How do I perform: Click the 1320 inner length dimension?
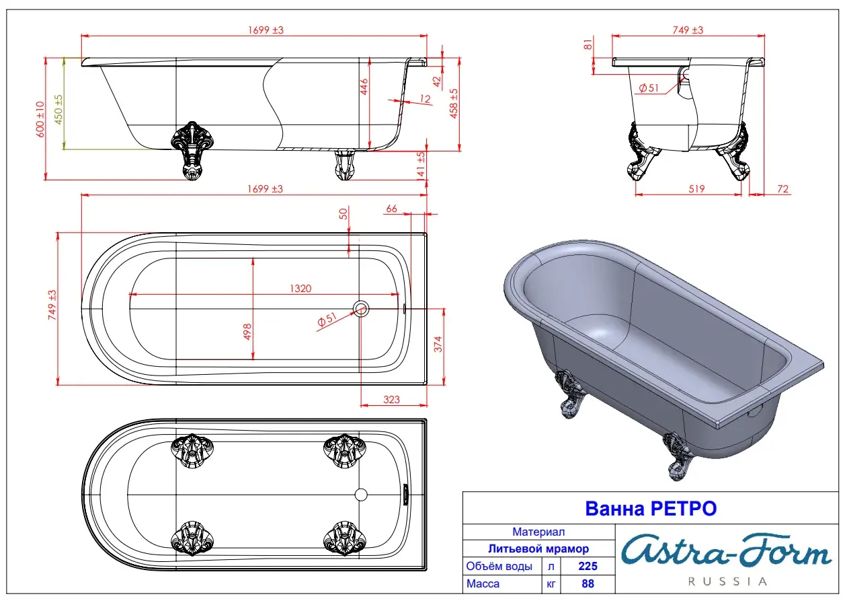pos(300,289)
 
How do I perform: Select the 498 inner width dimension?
pos(247,332)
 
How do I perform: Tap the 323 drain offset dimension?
pos(391,400)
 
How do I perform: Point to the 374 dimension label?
pos(438,344)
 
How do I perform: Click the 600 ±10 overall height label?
pos(40,119)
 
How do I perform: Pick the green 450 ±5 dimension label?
pos(58,110)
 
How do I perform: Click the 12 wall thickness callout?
pos(425,99)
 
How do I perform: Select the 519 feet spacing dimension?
pos(696,189)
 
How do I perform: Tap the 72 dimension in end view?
pos(782,189)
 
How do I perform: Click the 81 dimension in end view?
pos(588,44)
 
